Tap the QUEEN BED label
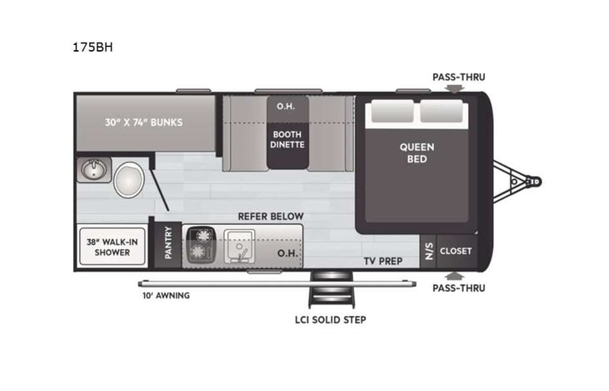[x=417, y=153]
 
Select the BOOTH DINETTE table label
[x=287, y=138]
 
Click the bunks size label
[x=144, y=122]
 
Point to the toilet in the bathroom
[x=129, y=178]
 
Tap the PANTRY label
[x=169, y=245]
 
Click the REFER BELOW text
[x=271, y=217]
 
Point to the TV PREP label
[x=382, y=261]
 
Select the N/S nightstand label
[x=429, y=250]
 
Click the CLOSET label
[x=456, y=250]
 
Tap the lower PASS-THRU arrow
[x=452, y=274]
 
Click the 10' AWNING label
[x=165, y=295]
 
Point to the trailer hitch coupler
[x=532, y=180]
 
